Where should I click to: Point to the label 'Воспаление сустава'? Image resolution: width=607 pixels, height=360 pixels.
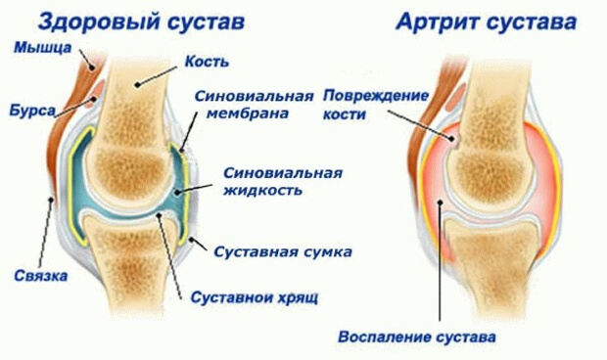(416, 337)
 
